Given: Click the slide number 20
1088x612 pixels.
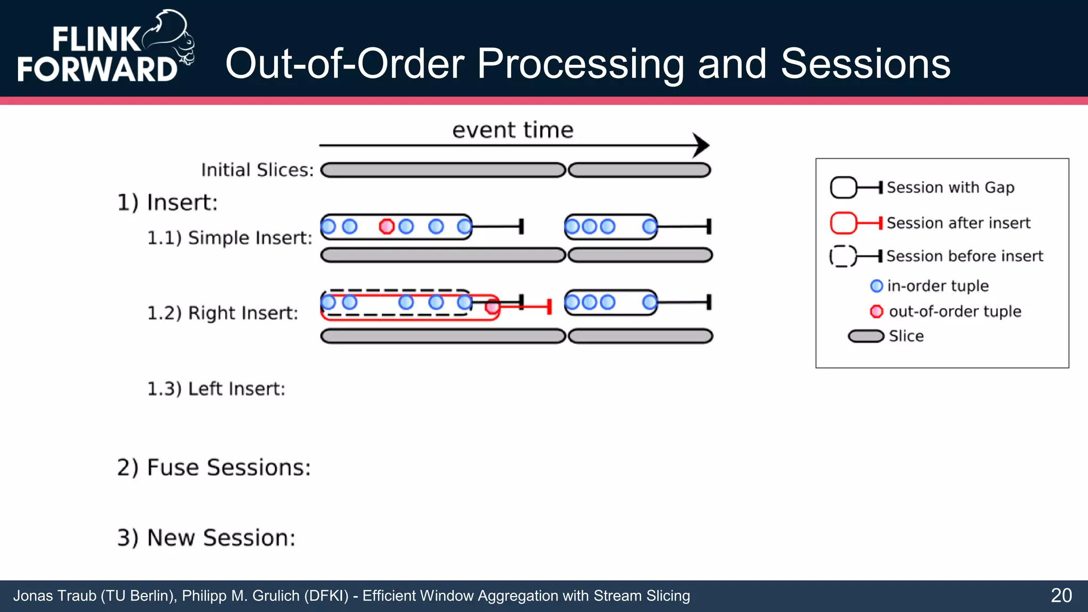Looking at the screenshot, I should (1061, 596).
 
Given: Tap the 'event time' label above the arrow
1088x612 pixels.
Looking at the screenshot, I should (513, 130).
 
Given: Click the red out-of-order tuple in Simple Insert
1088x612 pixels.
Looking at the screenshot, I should (386, 227).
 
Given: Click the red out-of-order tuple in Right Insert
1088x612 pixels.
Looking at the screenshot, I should (492, 307).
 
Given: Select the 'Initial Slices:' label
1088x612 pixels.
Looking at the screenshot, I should (257, 170).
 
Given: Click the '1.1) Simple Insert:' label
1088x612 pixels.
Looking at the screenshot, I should (229, 237).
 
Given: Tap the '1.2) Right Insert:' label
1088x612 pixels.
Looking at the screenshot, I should (223, 313).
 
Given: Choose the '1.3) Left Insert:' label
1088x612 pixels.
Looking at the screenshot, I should (216, 389).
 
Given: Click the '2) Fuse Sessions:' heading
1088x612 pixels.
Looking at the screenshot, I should (214, 467).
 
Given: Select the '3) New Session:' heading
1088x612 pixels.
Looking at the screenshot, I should (206, 538).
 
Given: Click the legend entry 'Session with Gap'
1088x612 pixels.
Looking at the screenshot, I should (950, 188).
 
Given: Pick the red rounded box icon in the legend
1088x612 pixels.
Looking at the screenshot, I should (844, 223).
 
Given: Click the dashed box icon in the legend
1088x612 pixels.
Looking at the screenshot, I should (843, 256).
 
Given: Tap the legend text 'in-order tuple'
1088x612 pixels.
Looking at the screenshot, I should (938, 286).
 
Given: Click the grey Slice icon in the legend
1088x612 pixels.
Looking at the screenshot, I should (866, 336).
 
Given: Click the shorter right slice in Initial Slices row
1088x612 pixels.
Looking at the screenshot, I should (640, 170).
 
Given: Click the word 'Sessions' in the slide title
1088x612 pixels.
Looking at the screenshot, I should (865, 64).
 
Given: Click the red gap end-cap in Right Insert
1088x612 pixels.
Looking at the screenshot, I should (549, 307).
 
